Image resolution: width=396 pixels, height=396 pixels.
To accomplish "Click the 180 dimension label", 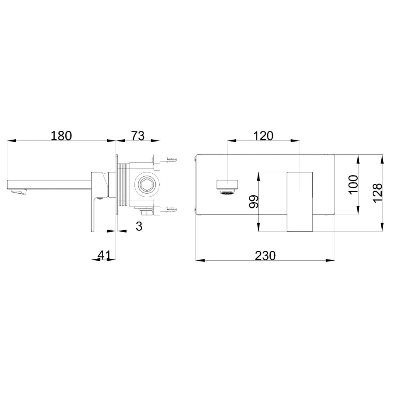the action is [x=61, y=136].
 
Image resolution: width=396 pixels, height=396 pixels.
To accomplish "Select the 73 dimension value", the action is [x=138, y=136].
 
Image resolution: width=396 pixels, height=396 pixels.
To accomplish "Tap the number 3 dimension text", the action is [x=139, y=226].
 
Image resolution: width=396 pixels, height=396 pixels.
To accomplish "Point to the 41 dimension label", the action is [x=104, y=255].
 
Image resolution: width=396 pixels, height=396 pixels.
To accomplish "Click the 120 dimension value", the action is [x=263, y=136].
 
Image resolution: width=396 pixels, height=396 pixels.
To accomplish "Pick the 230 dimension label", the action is [x=265, y=256].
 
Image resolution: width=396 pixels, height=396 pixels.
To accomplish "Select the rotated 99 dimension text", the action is [x=254, y=201].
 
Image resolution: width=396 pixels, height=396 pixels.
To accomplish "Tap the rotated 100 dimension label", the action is [x=353, y=184].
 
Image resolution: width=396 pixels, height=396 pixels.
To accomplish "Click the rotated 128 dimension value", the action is [x=377, y=193].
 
